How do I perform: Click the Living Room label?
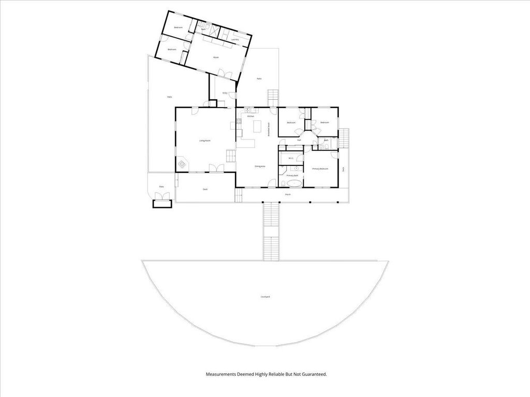[x=205, y=141]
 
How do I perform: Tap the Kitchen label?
[x=251, y=116]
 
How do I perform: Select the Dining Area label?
[x=260, y=166]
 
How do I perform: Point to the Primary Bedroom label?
[x=320, y=169]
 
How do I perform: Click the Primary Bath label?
[x=292, y=176]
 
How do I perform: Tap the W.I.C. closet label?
[x=291, y=158]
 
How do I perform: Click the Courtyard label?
[x=265, y=297]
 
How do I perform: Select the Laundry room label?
[x=235, y=39]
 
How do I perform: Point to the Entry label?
[x=225, y=93]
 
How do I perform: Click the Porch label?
[x=288, y=194]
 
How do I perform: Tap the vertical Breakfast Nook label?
[x=269, y=129]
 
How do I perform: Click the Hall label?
[x=299, y=140]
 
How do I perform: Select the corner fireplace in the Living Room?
[x=183, y=164]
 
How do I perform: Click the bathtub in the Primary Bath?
[x=293, y=183]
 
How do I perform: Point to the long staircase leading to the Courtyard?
[x=271, y=232]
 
